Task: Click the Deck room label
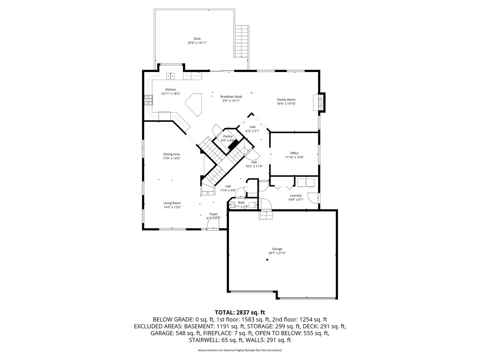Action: pos(197,39)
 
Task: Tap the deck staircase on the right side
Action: pos(241,41)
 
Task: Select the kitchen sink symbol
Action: pos(171,76)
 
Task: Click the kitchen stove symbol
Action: pos(148,100)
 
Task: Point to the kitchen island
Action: pos(195,104)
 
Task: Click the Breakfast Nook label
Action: pos(231,97)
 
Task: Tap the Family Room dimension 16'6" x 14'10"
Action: pos(286,104)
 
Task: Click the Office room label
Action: pos(294,153)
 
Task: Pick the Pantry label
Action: pos(228,136)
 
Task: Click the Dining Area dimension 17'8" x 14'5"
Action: pos(171,158)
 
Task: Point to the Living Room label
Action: pos(172,203)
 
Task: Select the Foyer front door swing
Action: pos(213,225)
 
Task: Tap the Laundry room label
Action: pos(296,196)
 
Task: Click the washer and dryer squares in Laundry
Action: pos(306,183)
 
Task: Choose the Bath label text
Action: pos(241,203)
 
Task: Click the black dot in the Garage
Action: pos(267,260)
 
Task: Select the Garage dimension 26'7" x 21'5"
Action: pos(277,253)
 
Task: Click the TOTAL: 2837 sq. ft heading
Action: pos(240,312)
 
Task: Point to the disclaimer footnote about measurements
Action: pos(240,350)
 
